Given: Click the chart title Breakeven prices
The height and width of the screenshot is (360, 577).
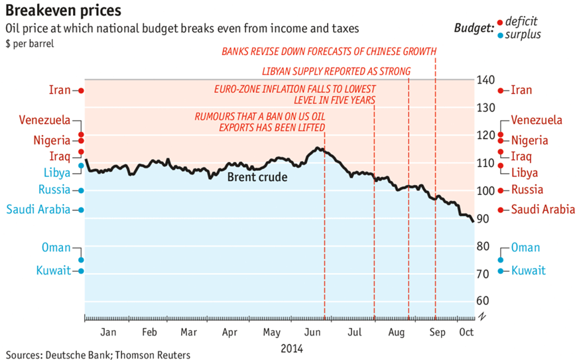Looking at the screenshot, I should pos(60,12).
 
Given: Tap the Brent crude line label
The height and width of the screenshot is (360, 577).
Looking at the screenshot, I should pos(257,177).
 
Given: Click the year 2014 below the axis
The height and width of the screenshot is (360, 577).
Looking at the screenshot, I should pos(292,347).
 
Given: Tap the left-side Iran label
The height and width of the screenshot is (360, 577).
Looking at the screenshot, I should pos(60,90).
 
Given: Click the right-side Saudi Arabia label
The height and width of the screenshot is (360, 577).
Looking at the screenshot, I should pos(543,210).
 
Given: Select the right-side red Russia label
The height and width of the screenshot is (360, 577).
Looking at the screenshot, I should pos(531,190).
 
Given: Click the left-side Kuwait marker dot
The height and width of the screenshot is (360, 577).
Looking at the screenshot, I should pos(81,270).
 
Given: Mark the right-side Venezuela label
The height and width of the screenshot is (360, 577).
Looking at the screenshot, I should pos(537,120).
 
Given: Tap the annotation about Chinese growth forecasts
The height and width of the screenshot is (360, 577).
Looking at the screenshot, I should pos(329,51).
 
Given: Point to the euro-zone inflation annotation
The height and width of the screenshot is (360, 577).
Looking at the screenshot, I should pos(295,94).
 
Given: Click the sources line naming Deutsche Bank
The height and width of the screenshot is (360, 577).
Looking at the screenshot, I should pos(96,355).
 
